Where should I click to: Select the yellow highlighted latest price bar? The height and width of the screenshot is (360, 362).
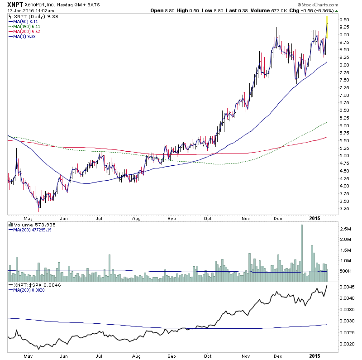(x=327, y=27)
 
